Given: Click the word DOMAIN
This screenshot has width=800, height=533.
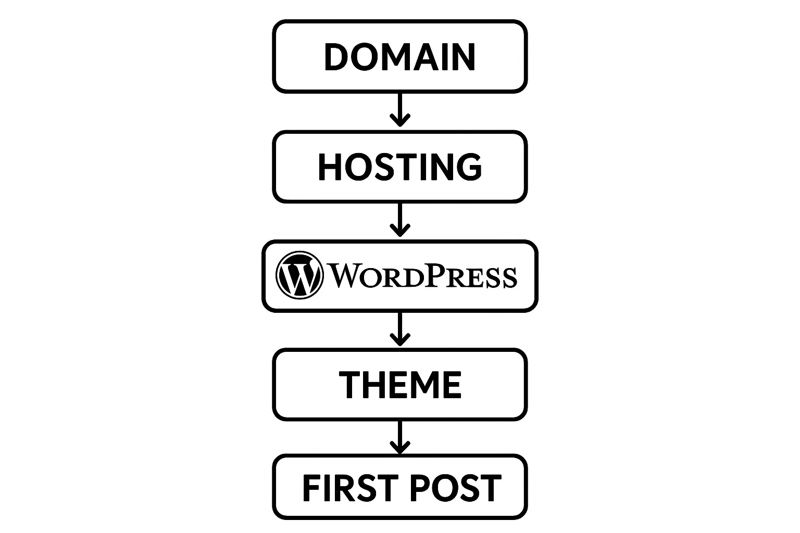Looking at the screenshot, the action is click(399, 57).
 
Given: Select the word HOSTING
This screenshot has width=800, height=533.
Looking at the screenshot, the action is click(400, 167).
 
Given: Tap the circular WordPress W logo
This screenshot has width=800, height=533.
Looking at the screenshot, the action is click(299, 275).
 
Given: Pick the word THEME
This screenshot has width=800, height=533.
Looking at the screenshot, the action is click(400, 385).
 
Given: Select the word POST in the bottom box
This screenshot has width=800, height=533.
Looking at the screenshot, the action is click(455, 488).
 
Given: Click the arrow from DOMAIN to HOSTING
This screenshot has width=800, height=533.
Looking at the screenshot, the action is click(400, 110).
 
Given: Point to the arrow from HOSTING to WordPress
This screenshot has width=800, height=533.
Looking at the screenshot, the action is click(400, 220).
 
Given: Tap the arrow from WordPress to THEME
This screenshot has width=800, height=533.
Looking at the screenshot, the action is click(400, 329).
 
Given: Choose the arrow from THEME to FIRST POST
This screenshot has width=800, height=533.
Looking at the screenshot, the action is click(400, 437).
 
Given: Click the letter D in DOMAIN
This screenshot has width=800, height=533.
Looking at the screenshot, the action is click(337, 57).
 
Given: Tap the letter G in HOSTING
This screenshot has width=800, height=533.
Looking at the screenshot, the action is click(468, 167).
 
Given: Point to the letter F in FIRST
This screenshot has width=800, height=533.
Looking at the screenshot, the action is click(311, 488).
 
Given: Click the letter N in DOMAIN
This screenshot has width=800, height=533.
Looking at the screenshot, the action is click(463, 57).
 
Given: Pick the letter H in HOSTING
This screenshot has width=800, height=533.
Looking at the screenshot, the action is click(330, 167).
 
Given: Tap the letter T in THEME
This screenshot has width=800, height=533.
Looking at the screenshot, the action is click(349, 385).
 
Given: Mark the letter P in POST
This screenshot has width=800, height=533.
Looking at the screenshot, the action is click(420, 488).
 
